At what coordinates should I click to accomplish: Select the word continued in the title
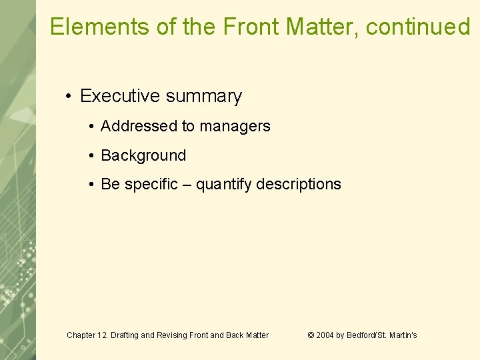tap(418, 27)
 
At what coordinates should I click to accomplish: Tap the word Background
tap(143, 155)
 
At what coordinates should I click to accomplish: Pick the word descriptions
tap(300, 184)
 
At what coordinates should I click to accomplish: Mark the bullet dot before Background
tap(91, 156)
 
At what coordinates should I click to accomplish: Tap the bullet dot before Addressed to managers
tap(91, 127)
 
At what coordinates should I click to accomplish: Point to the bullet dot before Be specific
tap(91, 185)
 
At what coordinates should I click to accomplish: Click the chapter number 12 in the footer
tap(105, 335)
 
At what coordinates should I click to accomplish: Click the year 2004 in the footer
tap(325, 335)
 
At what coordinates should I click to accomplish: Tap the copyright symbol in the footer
tap(311, 335)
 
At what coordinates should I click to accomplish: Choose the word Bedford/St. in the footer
tap(365, 335)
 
